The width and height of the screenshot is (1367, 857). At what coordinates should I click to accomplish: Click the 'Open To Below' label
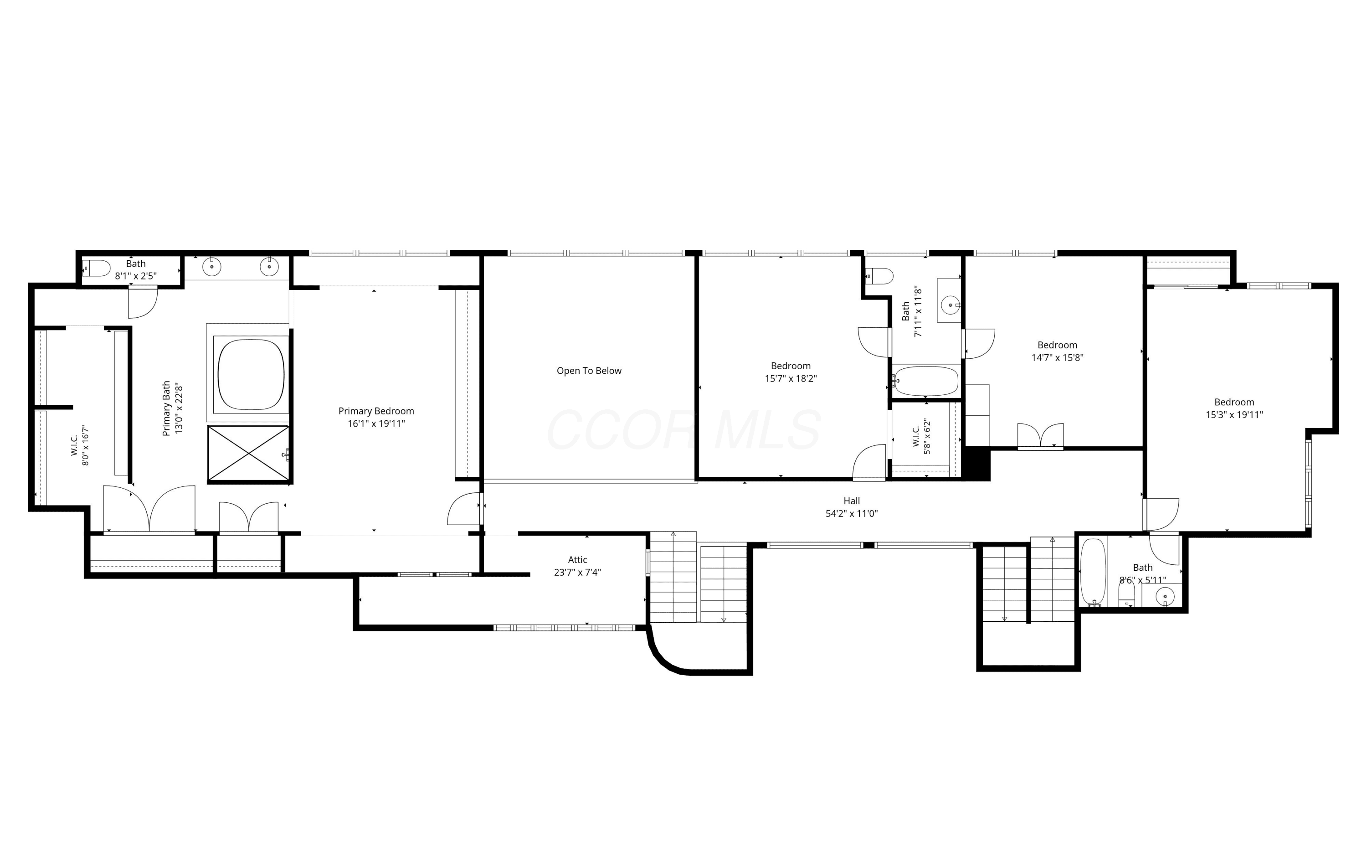tap(589, 371)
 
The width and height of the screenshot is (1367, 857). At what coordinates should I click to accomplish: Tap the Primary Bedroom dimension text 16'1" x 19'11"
tap(376, 423)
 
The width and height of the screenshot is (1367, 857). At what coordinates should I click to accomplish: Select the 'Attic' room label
tap(577, 559)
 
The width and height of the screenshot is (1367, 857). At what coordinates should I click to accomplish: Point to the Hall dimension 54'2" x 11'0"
tap(852, 514)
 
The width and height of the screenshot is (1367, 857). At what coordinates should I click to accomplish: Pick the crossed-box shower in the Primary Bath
tap(249, 454)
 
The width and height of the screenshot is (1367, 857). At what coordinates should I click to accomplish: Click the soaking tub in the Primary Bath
tap(251, 374)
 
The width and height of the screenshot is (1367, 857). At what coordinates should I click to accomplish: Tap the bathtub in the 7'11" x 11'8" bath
tap(925, 381)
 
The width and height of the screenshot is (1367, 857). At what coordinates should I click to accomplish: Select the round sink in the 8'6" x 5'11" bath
tap(1165, 596)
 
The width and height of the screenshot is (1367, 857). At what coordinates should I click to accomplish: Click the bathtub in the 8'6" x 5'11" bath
tap(1093, 573)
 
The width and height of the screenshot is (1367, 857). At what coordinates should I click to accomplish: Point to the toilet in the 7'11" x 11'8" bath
tap(879, 276)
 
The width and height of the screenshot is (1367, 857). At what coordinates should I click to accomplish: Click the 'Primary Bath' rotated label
tap(166, 408)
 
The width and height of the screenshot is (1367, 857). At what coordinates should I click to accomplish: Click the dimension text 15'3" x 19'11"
tap(1234, 414)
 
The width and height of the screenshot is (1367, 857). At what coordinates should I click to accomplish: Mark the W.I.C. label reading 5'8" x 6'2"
tap(921, 436)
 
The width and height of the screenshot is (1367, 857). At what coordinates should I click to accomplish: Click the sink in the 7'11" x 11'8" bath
tap(950, 305)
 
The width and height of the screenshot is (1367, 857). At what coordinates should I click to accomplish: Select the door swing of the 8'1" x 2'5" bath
tap(143, 302)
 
